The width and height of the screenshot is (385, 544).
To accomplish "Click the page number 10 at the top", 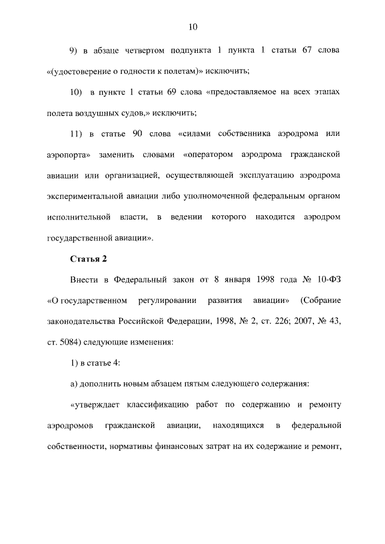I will pyautogui.click(x=192, y=27).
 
